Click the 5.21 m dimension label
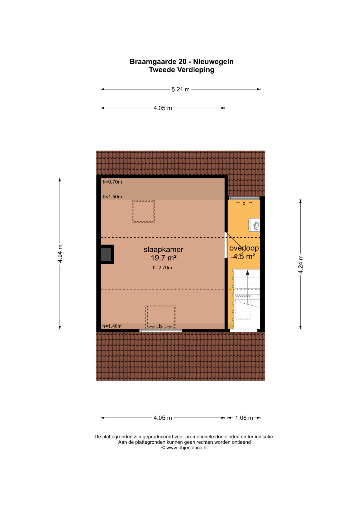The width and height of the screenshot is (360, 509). pos(180,89)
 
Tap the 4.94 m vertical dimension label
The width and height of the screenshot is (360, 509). pos(60,254)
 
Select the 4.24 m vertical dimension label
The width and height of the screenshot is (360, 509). pos(301,264)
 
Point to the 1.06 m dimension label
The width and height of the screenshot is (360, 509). pos(244,418)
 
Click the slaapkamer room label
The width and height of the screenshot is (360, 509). pos(163,249)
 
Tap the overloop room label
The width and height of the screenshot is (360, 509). pos(244,248)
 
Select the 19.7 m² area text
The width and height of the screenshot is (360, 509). pos(164,258)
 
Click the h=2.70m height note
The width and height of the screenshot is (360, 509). pos(162,268)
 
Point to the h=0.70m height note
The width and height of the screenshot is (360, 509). pos(112,182)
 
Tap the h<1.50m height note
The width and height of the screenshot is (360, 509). pos(112,197)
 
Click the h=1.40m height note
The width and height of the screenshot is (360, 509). pos(112,326)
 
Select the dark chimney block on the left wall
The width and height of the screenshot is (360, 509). pos(106,254)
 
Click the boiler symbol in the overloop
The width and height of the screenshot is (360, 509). pos(254,225)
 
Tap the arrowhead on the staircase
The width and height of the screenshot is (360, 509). pos(247,273)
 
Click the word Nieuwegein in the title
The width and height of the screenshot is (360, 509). pos(213,62)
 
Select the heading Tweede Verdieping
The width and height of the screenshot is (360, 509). pos(182,70)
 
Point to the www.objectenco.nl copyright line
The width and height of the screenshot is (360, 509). pos(184,448)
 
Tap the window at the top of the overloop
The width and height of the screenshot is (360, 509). pos(244,198)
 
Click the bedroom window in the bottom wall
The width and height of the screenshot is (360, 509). pos(161,331)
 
